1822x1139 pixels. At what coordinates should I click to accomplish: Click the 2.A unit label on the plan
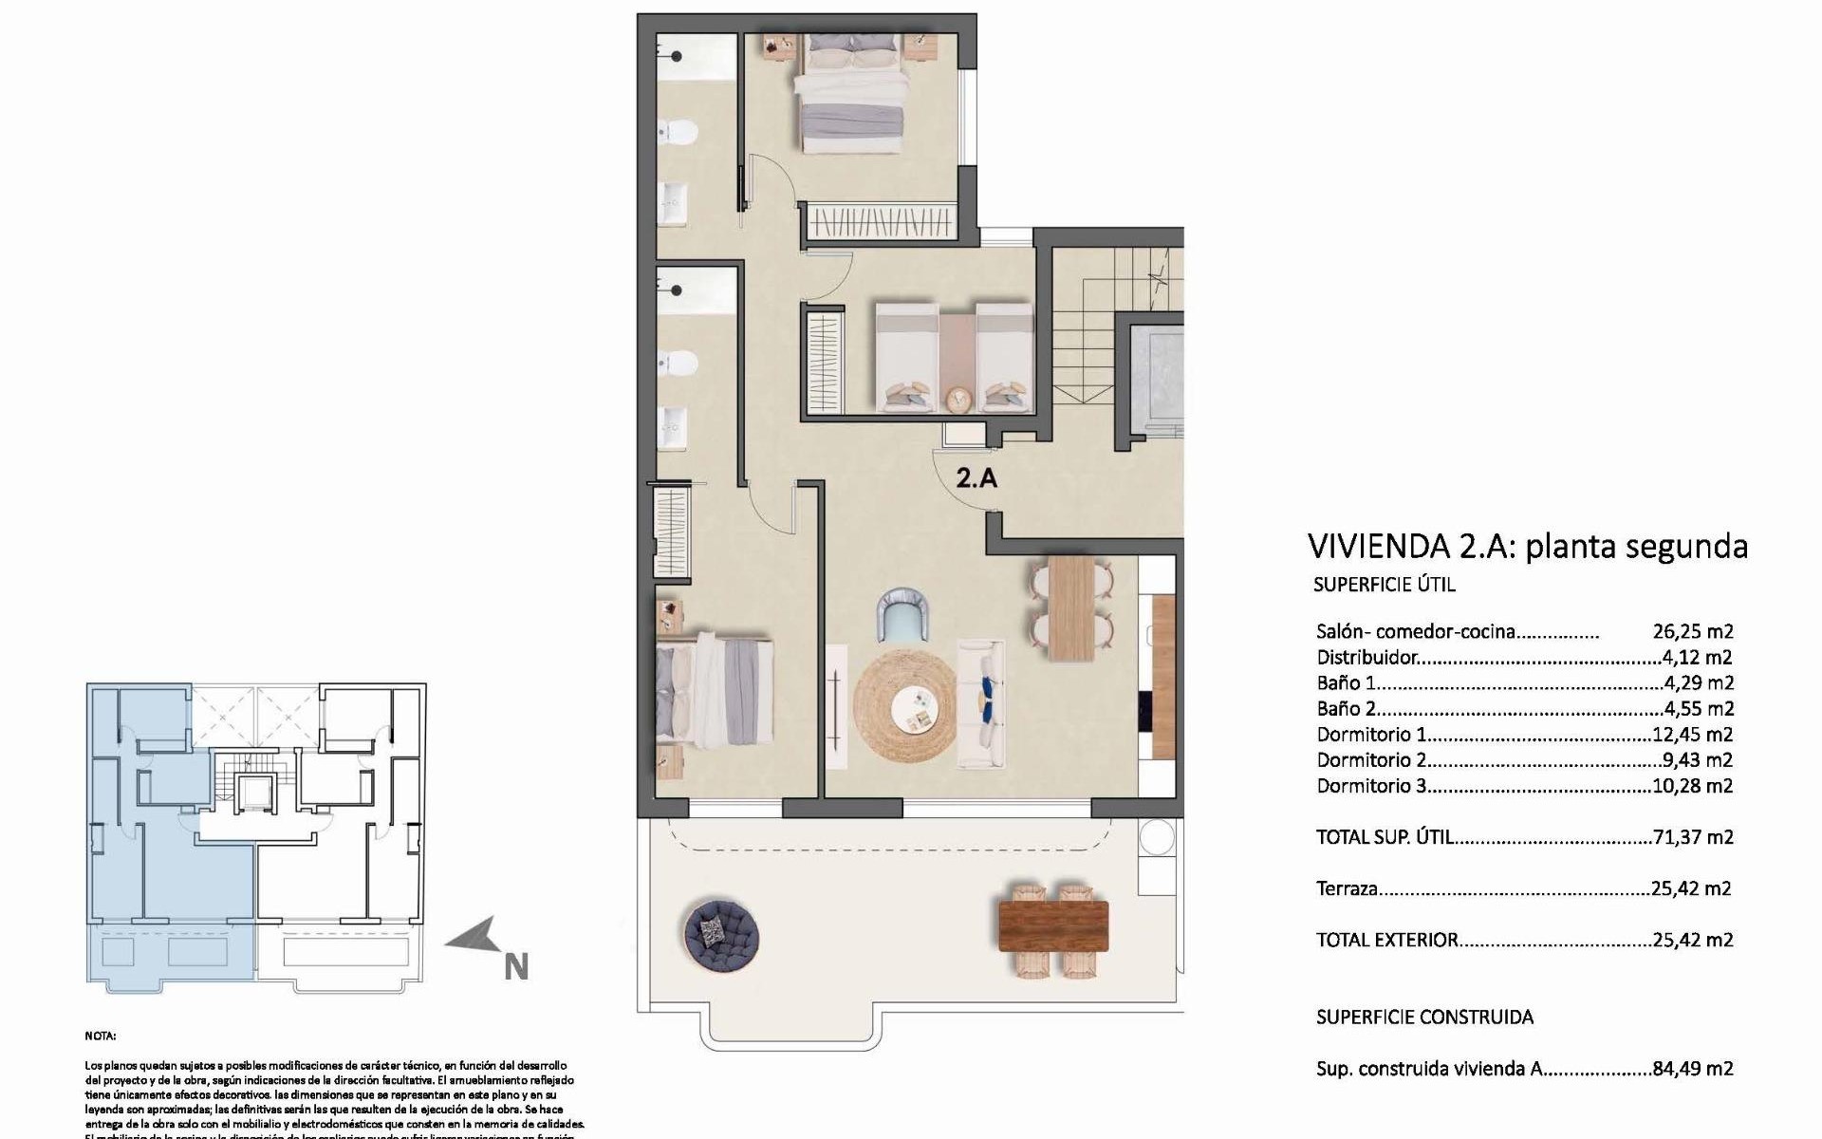pyautogui.click(x=976, y=477)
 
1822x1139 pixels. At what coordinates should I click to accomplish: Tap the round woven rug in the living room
pyautogui.click(x=904, y=704)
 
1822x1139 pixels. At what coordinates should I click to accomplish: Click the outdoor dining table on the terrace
pyautogui.click(x=1053, y=926)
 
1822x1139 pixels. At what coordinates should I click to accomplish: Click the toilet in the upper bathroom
pyautogui.click(x=678, y=131)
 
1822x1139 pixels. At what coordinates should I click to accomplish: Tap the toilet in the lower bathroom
pyautogui.click(x=678, y=363)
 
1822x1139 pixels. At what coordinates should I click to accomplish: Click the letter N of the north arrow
pyautogui.click(x=515, y=967)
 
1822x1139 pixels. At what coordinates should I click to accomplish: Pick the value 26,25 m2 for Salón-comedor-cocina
pyautogui.click(x=1692, y=631)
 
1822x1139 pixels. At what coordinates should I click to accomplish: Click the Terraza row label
pyautogui.click(x=1347, y=889)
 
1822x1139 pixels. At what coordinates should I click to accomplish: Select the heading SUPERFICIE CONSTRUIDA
pyautogui.click(x=1424, y=1018)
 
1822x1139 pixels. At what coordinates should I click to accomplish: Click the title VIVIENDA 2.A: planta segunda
pyautogui.click(x=1527, y=547)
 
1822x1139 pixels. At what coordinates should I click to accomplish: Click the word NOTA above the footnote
pyautogui.click(x=101, y=1036)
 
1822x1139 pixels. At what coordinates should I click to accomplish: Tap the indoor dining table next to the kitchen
pyautogui.click(x=1071, y=608)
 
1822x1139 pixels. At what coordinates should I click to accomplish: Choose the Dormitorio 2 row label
pyautogui.click(x=1371, y=760)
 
